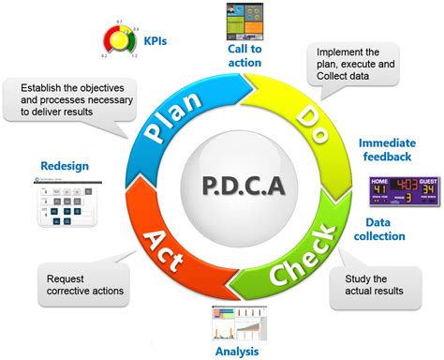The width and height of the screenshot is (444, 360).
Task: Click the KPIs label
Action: pos(155,41)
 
